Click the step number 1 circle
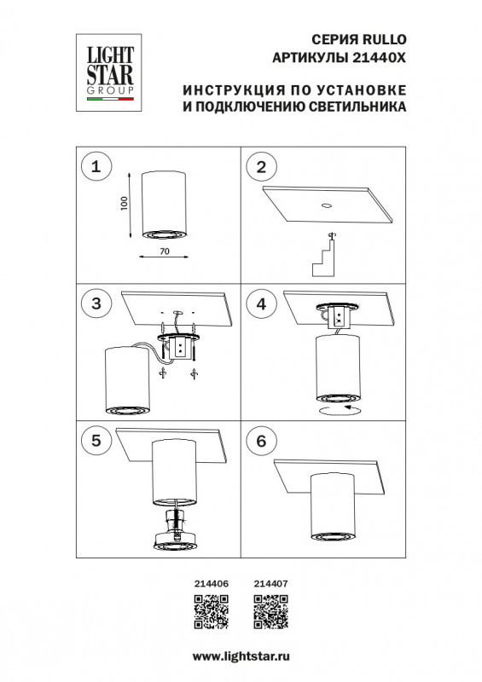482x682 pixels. tap(96, 167)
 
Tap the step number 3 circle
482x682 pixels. tap(96, 303)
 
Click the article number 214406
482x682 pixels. tap(212, 583)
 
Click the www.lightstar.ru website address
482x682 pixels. tap(241, 657)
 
